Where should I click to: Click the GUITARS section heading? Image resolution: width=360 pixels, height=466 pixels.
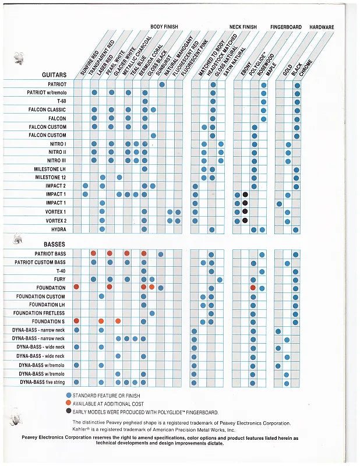54,75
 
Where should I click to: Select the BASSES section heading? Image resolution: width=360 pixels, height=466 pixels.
53,244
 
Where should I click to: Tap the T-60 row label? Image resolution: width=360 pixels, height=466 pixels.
61,101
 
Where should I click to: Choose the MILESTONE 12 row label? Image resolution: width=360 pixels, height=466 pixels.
50,178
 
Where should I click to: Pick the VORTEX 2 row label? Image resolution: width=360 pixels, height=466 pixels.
55,221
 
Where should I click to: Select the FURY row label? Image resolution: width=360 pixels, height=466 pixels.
59,280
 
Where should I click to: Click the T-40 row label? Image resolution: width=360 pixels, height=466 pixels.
61,271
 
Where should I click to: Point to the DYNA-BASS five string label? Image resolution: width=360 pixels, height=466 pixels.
42,382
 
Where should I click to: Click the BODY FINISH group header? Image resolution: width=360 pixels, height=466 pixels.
164,27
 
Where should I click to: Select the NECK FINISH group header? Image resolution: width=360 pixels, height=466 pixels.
243,27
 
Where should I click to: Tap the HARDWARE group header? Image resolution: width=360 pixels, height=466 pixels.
322,27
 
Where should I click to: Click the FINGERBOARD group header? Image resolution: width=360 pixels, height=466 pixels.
285,27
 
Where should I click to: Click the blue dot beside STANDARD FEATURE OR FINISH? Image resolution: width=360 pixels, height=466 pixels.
69,396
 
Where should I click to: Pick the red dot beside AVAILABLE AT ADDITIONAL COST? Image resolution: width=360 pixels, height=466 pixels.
69,403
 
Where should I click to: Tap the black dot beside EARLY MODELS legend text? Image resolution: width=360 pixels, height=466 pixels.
69,411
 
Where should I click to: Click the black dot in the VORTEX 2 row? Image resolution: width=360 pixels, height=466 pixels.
245,221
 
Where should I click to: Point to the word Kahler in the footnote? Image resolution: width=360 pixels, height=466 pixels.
81,429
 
